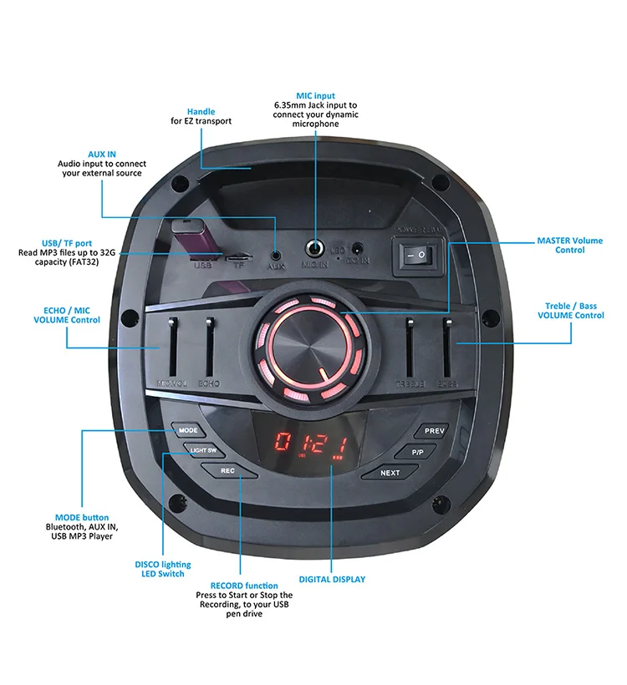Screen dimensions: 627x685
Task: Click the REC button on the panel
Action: click(x=227, y=470)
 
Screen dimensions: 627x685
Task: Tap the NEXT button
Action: click(x=390, y=472)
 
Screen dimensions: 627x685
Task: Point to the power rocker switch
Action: click(x=415, y=254)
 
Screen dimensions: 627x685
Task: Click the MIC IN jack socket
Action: click(x=315, y=247)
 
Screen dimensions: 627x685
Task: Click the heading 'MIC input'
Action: click(x=315, y=96)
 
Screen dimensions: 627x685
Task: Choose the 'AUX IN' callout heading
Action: click(x=102, y=155)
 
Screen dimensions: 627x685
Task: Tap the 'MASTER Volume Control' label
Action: click(x=569, y=246)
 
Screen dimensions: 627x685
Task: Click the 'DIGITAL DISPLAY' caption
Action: click(x=332, y=579)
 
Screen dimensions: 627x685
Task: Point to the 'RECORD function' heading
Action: click(x=244, y=586)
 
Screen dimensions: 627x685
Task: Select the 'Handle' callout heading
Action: click(x=201, y=111)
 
